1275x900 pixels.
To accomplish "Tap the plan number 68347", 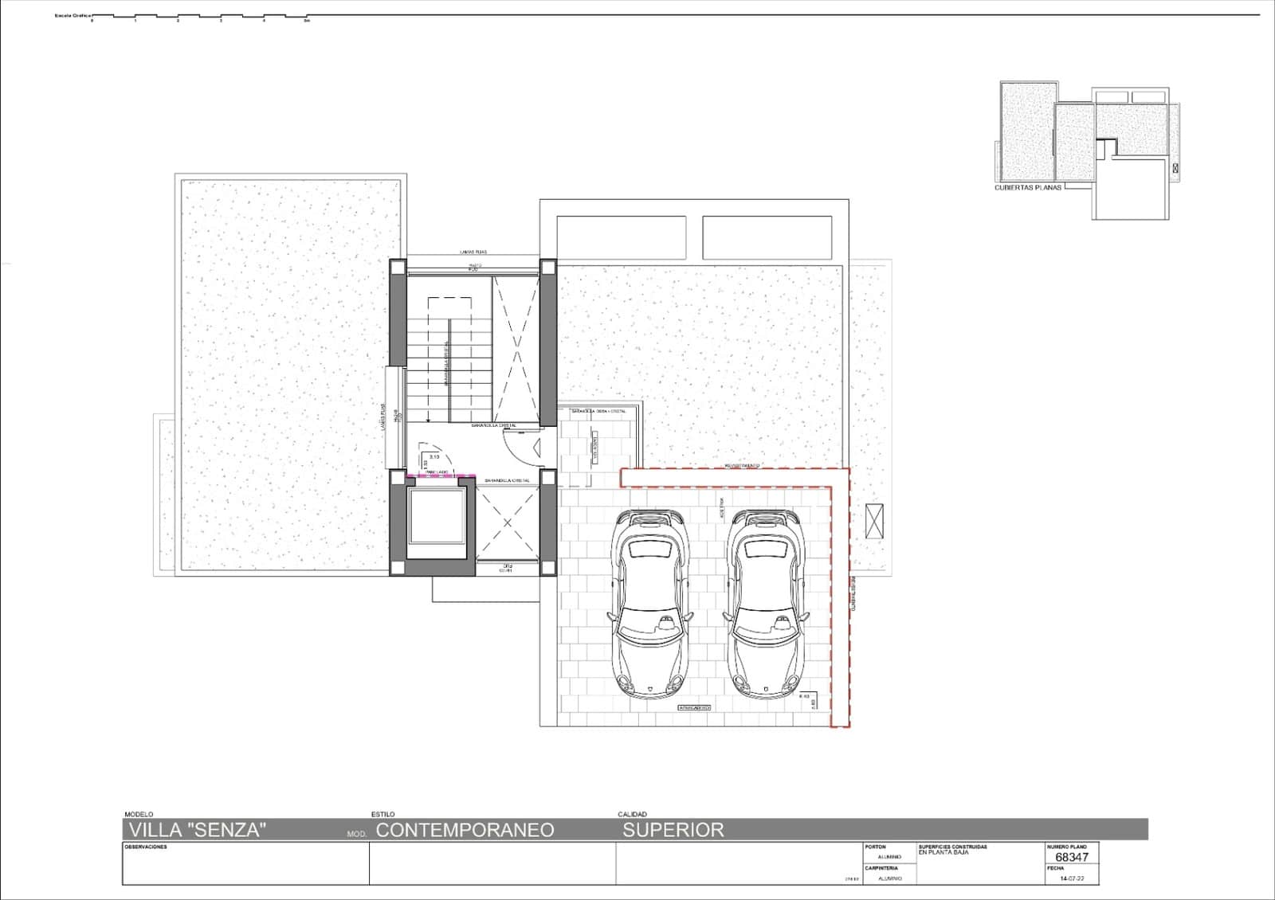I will coord(1071,858).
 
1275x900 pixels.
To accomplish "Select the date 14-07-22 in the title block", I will coord(1072,878).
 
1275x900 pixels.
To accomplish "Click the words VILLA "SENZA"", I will coord(196,830).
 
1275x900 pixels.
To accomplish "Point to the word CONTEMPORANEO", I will coord(465,830).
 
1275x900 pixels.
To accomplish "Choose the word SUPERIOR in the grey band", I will coord(673,830).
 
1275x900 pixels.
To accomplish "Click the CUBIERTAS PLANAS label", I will coord(1028,189).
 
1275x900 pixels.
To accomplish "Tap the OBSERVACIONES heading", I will coord(146,847).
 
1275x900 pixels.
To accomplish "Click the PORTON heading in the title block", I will coord(875,847).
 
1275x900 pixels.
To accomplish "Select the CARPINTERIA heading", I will coord(881,868).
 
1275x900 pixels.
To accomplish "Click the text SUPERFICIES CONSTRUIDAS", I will coord(952,847).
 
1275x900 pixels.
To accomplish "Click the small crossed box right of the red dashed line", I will coord(874,522).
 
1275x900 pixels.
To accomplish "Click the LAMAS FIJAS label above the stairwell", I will coord(473,252).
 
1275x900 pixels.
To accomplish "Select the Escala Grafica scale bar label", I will coord(72,15).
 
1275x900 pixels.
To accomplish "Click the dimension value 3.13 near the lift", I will coord(434,456).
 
